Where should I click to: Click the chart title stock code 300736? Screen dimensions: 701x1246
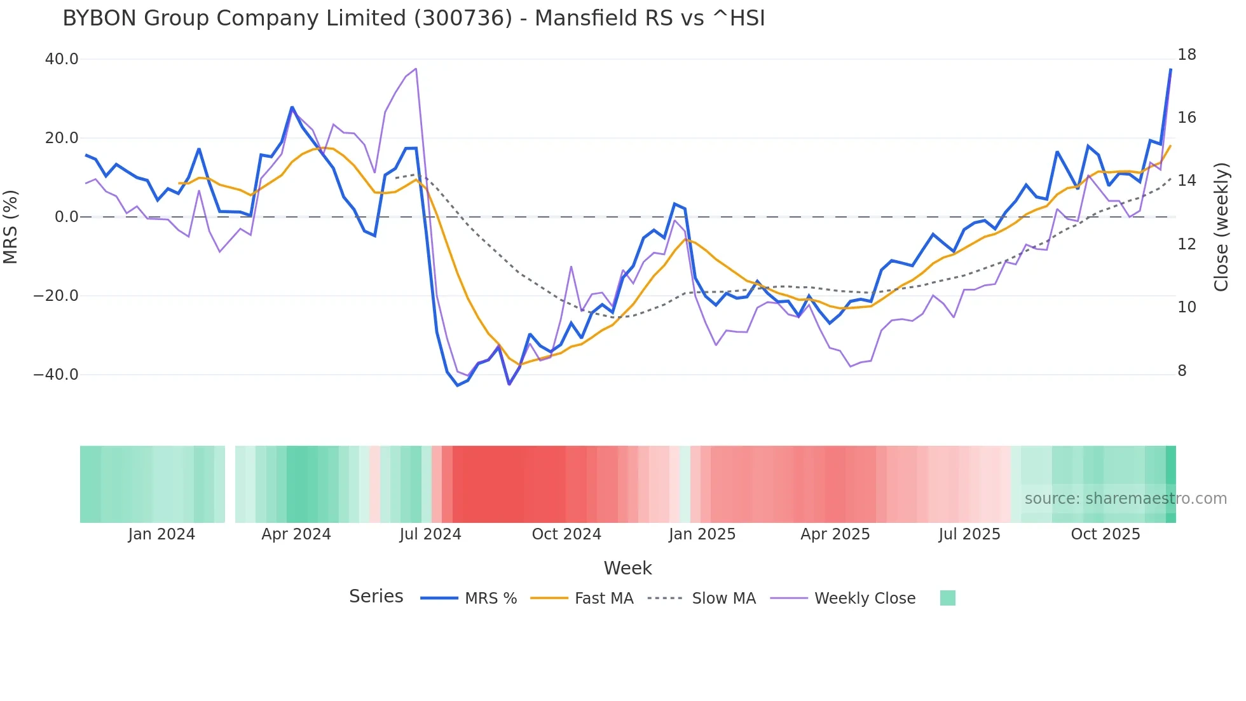tap(463, 18)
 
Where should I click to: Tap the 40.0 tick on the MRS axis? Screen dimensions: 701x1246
tap(62, 59)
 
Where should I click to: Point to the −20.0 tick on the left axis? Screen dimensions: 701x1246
tap(56, 296)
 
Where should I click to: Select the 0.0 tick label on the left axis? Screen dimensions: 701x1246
tap(66, 217)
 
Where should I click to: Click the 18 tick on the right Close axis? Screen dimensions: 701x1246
tap(1186, 55)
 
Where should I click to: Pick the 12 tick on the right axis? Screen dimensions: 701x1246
tap(1186, 244)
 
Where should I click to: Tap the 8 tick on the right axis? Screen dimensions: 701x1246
tap(1182, 371)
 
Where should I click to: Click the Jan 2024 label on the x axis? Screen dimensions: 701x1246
tap(161, 534)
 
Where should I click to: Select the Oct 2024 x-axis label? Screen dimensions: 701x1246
tap(566, 534)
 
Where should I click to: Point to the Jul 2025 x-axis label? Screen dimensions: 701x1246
tap(969, 534)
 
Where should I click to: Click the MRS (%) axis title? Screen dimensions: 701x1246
tap(11, 226)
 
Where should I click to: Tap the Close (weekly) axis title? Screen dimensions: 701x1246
tap(1221, 226)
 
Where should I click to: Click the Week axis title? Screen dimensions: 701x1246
tap(627, 568)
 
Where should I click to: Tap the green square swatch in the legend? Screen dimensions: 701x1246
tap(947, 598)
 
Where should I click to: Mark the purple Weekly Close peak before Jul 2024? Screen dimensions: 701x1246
tap(415, 69)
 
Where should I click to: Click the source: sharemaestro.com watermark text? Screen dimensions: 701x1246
tap(1125, 499)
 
